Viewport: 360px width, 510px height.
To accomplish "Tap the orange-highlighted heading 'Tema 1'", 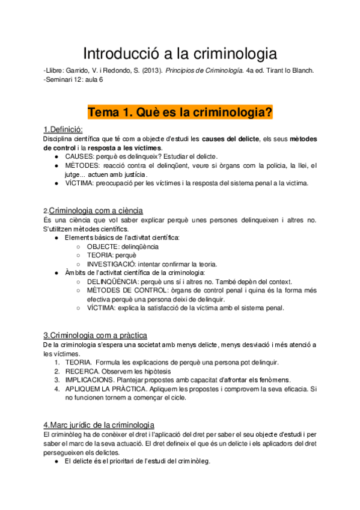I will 180,112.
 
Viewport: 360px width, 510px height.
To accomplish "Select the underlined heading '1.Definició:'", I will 63,130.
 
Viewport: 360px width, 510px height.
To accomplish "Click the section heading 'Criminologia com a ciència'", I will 95,210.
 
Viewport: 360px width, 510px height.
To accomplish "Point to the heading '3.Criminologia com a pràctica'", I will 95,335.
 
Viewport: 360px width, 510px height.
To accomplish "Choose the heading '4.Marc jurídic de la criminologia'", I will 99,424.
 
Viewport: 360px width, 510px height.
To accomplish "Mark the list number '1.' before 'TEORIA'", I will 57,362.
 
